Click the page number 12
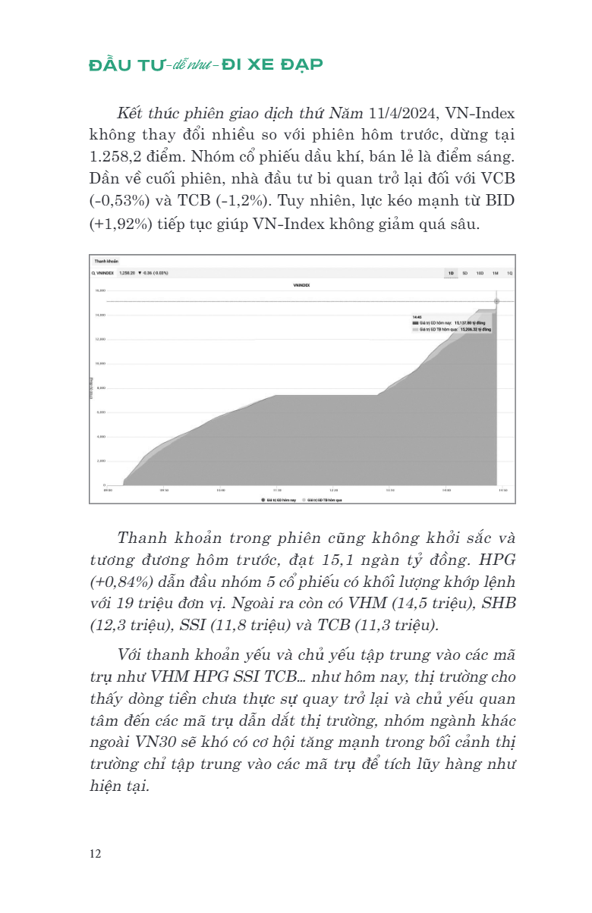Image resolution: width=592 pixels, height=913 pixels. [95, 854]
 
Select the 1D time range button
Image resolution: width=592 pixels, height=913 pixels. [451, 272]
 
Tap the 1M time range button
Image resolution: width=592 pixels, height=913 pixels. [495, 272]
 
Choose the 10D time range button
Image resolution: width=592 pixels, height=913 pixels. [480, 272]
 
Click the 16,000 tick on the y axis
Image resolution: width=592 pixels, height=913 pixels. [99, 290]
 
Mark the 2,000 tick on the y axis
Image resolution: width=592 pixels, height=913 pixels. [99, 461]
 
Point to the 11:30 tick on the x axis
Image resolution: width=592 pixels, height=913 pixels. [277, 491]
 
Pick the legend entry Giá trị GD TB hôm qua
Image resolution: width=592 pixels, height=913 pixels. [324, 500]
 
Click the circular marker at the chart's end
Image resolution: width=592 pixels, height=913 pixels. [497, 301]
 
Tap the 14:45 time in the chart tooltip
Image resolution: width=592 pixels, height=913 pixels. [417, 316]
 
